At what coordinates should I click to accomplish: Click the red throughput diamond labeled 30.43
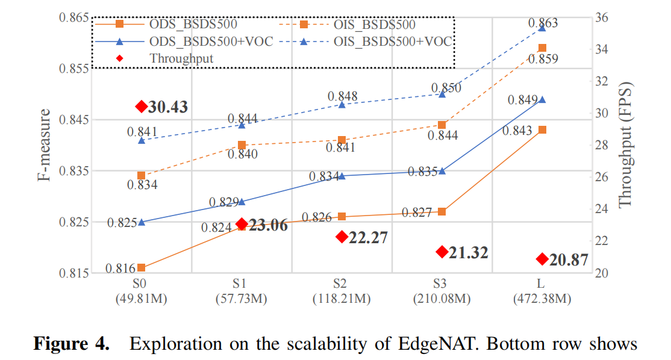[x=142, y=107]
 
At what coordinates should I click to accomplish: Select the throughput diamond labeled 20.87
[x=542, y=259]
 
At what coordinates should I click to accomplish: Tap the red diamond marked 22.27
[x=342, y=237]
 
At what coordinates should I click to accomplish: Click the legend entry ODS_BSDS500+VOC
[x=192, y=42]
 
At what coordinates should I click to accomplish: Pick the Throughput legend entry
[x=181, y=58]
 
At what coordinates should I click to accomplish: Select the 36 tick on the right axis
[x=602, y=17]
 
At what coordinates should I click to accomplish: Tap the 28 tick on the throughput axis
[x=602, y=145]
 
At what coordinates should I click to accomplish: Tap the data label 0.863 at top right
[x=543, y=23]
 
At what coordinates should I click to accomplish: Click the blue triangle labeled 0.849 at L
[x=542, y=99]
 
